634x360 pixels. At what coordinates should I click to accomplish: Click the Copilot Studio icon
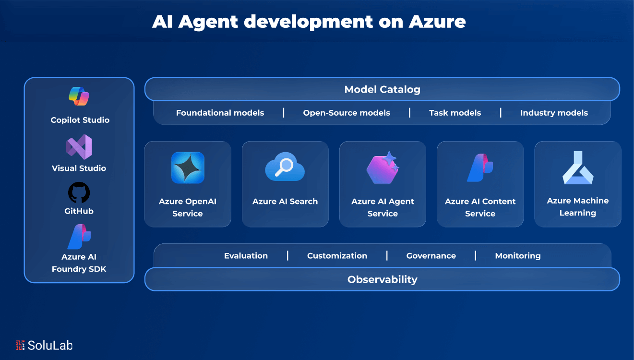(x=79, y=97)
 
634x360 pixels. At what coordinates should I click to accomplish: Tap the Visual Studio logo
(x=79, y=146)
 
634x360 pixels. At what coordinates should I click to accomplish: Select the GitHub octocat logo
(x=79, y=192)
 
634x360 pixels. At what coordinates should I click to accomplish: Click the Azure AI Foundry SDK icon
(x=79, y=237)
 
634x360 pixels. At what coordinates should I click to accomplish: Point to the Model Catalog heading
(x=382, y=89)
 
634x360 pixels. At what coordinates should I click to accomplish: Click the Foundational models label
(x=220, y=113)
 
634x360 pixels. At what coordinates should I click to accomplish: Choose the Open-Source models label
(x=346, y=113)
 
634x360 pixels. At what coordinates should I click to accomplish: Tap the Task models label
(x=455, y=113)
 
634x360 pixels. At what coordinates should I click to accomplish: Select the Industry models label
(x=553, y=113)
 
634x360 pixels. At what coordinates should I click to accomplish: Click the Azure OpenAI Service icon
(x=188, y=168)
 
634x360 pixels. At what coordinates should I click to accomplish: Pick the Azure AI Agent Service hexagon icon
(x=383, y=168)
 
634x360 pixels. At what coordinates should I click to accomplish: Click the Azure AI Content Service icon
(x=480, y=168)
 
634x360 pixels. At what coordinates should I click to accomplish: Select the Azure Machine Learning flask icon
(x=578, y=168)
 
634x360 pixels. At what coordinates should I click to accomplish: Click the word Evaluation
(x=246, y=256)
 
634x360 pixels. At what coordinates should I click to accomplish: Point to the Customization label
(x=337, y=256)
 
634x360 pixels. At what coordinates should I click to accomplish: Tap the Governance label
(x=431, y=256)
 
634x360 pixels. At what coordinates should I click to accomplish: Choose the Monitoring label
(x=517, y=256)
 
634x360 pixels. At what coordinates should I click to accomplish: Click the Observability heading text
(x=382, y=279)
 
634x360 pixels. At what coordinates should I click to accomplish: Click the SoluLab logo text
(x=50, y=345)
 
